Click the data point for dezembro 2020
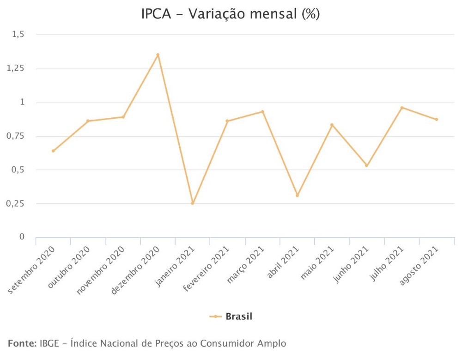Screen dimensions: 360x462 (x=158, y=55)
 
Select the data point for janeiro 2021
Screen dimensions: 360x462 (x=193, y=203)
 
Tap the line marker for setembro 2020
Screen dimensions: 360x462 (x=53, y=151)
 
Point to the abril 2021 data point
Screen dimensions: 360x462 (x=297, y=195)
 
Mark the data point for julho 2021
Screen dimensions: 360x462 (x=402, y=108)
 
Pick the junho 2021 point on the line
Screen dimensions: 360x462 (x=367, y=165)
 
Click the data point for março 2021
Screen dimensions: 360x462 (x=262, y=111)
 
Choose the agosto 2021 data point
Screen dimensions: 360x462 (x=437, y=119)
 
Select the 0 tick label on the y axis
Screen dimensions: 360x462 (x=22, y=237)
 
